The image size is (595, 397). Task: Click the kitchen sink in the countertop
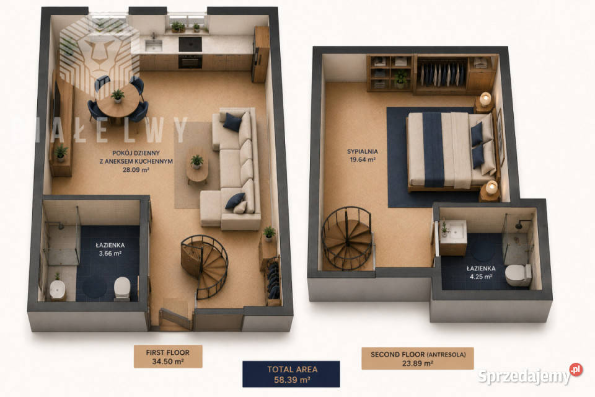[x=154, y=45]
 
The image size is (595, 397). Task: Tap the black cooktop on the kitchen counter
[x=190, y=44]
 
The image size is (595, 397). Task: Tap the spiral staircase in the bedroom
[x=347, y=239]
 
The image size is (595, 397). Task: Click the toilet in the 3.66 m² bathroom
[x=122, y=288]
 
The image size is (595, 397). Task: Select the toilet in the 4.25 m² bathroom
[x=518, y=275]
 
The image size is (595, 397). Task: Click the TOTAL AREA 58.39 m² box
[x=291, y=374]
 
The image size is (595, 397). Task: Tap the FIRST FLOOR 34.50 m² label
[x=168, y=357]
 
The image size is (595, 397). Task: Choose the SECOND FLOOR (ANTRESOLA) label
[x=418, y=359]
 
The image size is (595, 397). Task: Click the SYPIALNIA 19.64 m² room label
[x=363, y=155]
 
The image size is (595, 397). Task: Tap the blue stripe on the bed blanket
[x=433, y=149]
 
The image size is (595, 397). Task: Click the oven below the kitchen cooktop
[x=190, y=61]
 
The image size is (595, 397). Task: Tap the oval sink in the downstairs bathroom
[x=58, y=290]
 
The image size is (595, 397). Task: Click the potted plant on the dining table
[x=118, y=96]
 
